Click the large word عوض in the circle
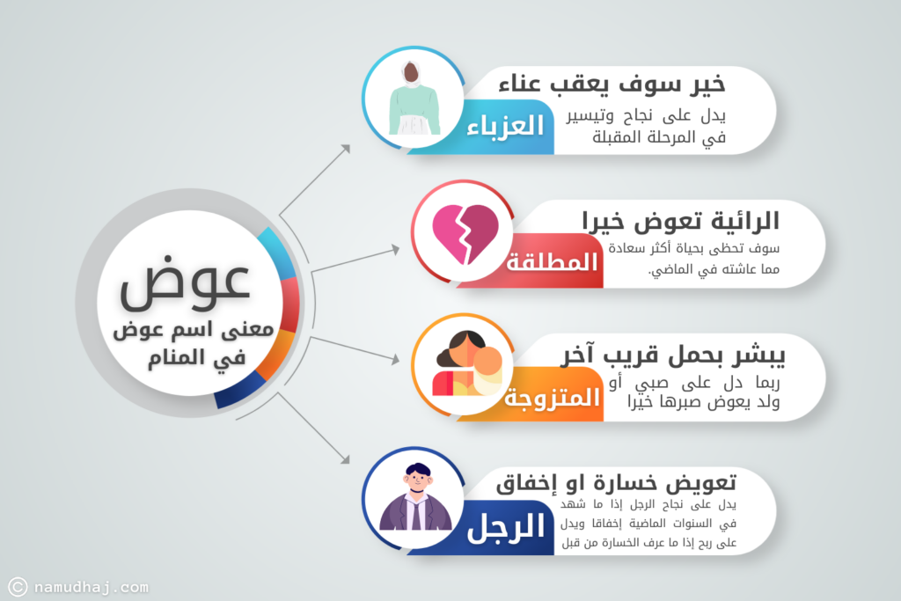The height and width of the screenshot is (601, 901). point(185,284)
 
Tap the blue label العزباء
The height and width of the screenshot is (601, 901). point(505,126)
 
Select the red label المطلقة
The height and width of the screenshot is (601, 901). point(552,262)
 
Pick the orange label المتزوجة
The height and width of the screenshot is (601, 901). point(553,397)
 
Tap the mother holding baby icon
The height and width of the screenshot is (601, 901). point(469,363)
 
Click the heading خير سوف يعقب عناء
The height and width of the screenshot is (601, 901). point(612,84)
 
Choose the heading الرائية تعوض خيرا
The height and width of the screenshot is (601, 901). point(680,221)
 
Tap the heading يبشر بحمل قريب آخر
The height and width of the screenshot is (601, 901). point(673,355)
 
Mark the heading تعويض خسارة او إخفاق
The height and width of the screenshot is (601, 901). point(616,483)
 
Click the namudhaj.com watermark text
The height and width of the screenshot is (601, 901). point(91,587)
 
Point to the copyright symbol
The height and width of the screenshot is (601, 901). point(18,587)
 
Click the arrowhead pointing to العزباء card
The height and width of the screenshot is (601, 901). point(345,149)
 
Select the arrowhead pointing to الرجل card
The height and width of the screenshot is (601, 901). point(345,459)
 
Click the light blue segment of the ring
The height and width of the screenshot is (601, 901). point(276,253)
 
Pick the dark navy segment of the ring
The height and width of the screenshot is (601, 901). point(239,391)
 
